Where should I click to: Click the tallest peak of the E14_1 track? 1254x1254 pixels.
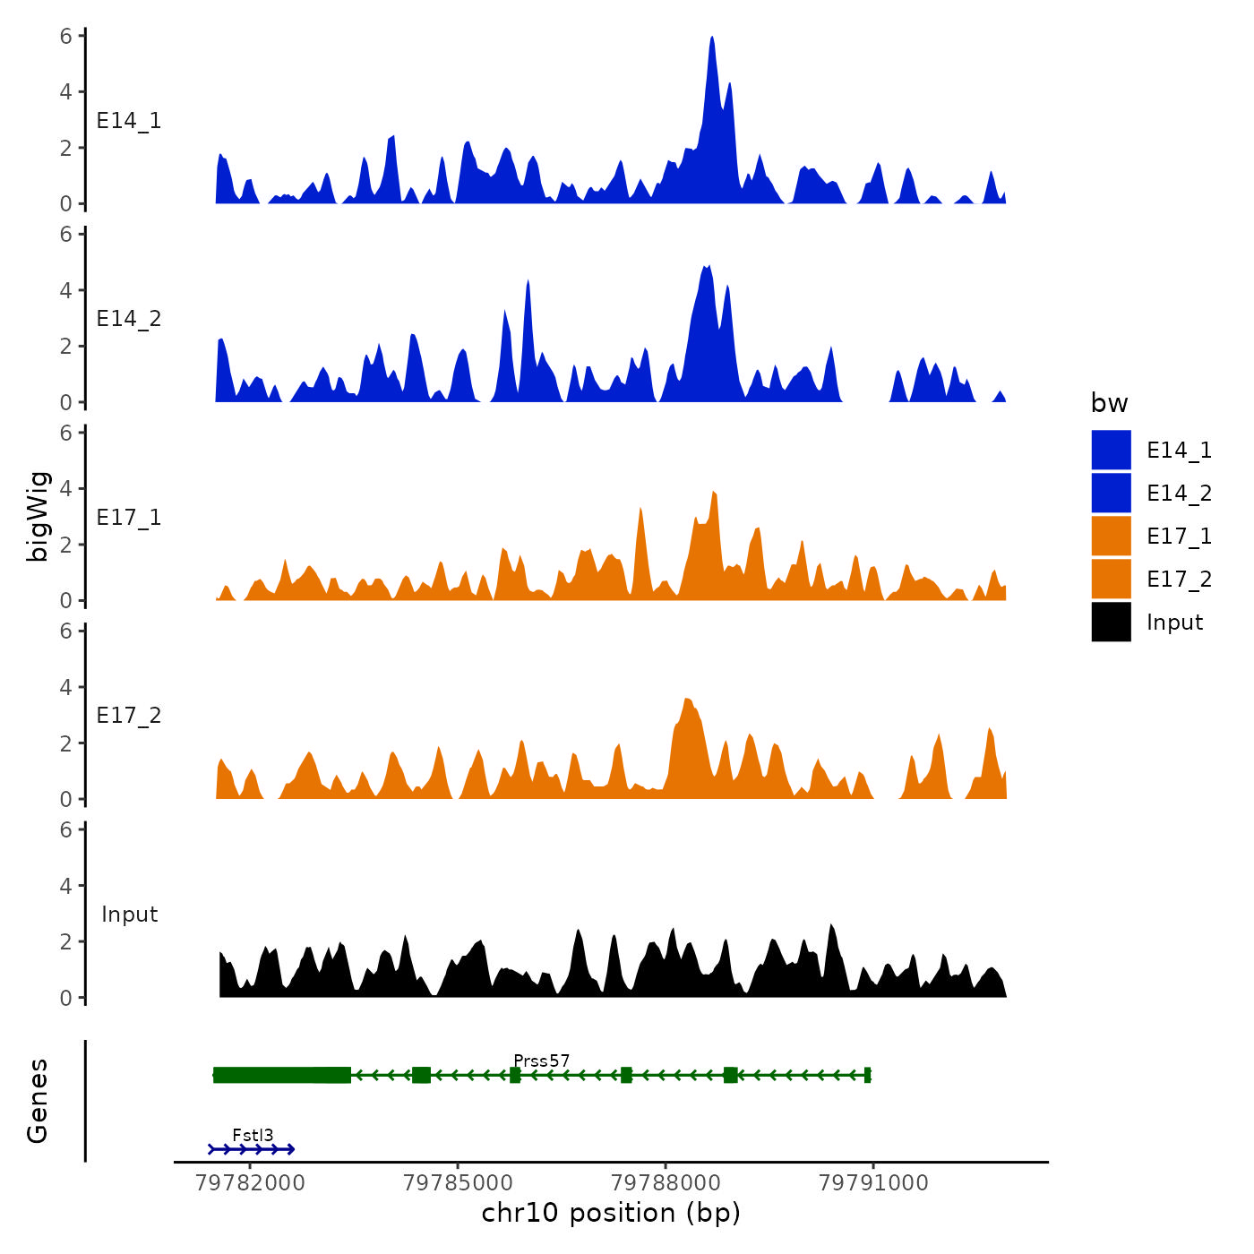[712, 41]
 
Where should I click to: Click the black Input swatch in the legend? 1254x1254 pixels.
[1111, 622]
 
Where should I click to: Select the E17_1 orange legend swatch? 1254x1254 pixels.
[1111, 536]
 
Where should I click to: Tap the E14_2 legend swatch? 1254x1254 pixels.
[1111, 493]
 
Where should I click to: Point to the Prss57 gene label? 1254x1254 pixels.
[541, 1061]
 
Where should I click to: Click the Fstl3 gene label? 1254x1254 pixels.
[253, 1136]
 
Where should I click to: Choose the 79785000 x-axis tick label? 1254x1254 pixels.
[458, 1183]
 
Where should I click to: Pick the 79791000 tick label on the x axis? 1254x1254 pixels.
[873, 1183]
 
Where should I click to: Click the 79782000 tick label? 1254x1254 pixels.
[250, 1183]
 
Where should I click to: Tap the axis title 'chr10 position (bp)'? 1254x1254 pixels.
[611, 1213]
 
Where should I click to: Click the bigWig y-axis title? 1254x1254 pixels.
[38, 516]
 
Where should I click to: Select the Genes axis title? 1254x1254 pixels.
[38, 1101]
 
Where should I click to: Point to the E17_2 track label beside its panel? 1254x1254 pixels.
[129, 716]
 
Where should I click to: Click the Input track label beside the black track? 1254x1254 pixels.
[129, 915]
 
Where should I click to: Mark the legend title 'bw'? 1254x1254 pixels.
[1109, 404]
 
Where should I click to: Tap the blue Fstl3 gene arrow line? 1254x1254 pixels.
[252, 1149]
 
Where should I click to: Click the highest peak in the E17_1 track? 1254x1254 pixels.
[714, 494]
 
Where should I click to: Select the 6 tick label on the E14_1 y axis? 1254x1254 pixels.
[66, 37]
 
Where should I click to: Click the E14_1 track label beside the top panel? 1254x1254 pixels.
[129, 121]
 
